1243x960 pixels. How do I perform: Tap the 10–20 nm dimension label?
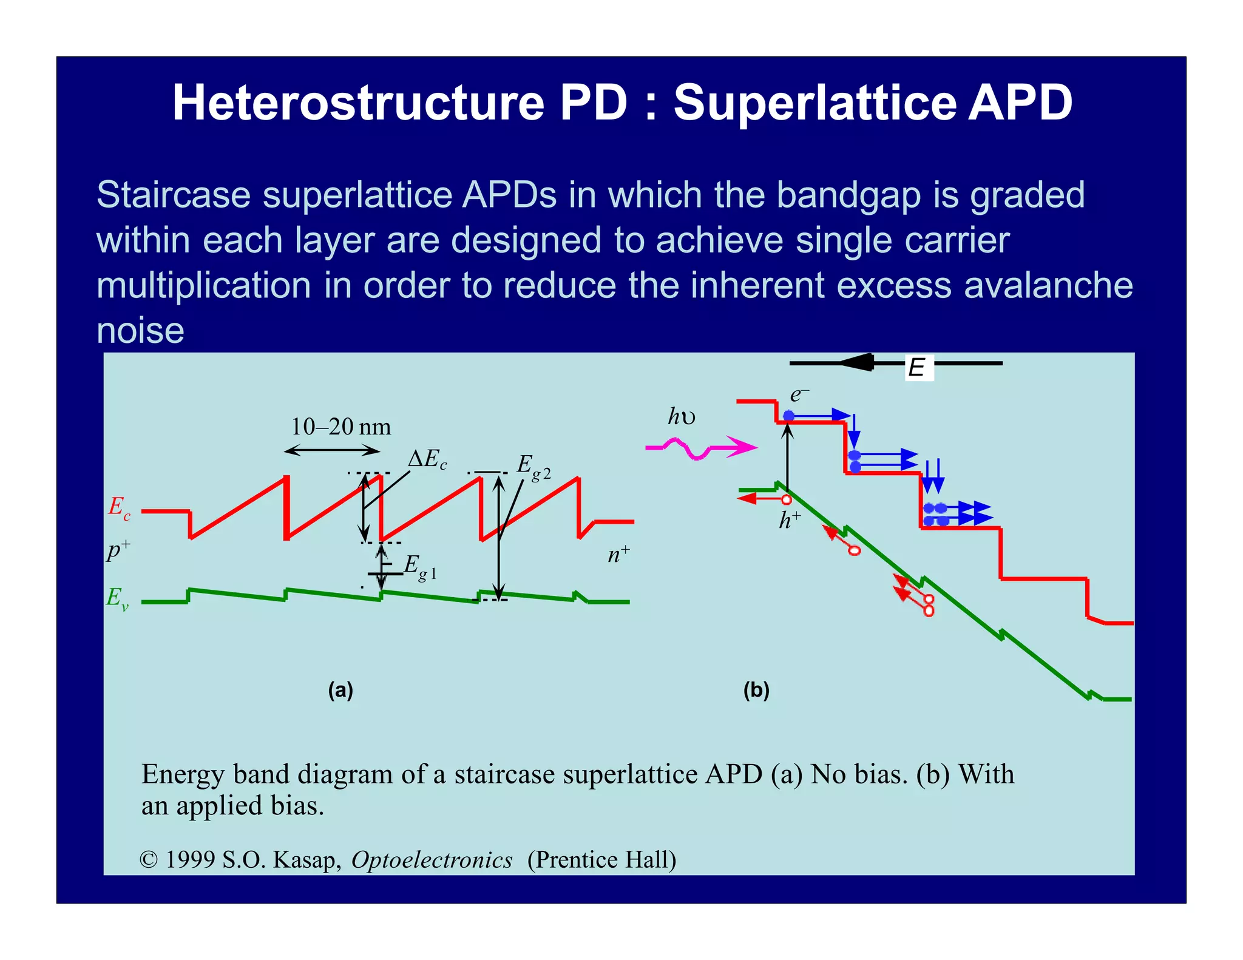point(340,427)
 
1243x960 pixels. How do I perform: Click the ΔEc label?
point(427,459)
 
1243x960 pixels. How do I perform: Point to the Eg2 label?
point(533,467)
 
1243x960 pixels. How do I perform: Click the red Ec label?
point(119,507)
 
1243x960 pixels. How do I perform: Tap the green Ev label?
point(117,598)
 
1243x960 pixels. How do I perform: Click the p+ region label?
point(118,550)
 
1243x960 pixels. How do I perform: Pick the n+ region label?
point(618,554)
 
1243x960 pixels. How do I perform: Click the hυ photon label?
point(682,417)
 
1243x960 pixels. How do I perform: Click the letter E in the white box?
point(916,368)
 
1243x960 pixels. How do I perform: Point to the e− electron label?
point(798,395)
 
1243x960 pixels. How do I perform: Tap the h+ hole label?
point(790,520)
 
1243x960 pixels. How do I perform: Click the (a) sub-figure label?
point(340,690)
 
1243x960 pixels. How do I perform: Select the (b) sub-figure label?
point(756,690)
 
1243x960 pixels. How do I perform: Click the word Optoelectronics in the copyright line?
point(432,860)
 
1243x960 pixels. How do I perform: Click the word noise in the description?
point(140,331)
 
